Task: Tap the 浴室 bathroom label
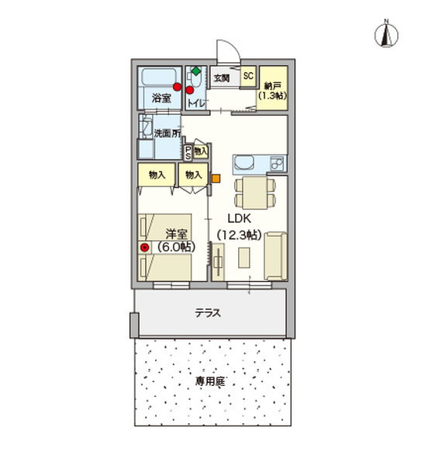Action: pos(161,99)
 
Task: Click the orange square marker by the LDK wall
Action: pos(216,178)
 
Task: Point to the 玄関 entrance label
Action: pos(222,78)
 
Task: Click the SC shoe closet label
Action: pos(248,77)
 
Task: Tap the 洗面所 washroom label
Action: pos(166,134)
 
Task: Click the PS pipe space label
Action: pos(188,151)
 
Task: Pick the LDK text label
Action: pos(239,220)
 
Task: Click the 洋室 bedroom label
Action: pos(176,233)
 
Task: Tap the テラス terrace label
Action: pos(208,314)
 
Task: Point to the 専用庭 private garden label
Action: pos(209,383)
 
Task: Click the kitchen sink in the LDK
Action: pos(244,165)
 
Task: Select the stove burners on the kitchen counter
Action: pos(275,164)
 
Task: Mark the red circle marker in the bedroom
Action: pos(144,248)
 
